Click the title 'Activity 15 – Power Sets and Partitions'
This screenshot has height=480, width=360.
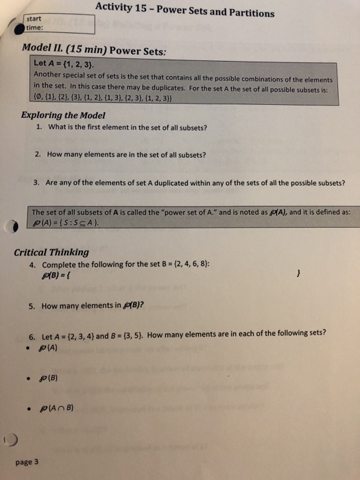[x=184, y=9]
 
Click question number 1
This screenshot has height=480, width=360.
[x=40, y=127]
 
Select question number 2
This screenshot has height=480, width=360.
[x=40, y=154]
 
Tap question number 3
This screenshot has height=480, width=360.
[x=40, y=183]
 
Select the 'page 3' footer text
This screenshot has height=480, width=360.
[x=27, y=461]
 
